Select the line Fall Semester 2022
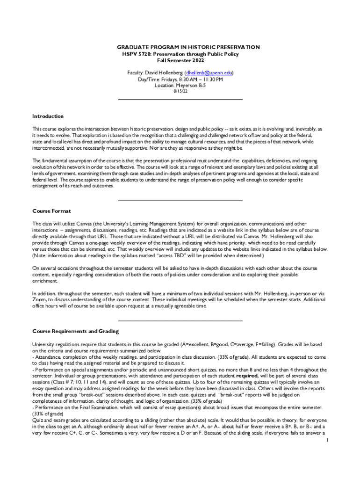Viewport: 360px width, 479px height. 180,61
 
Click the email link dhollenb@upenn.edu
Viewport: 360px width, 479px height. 209,73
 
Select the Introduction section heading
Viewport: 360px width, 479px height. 48,116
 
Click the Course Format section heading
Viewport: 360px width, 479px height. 51,211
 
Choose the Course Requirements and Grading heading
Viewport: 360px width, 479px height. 75,331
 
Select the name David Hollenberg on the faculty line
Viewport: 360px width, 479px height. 164,73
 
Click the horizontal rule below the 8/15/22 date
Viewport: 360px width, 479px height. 180,99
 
